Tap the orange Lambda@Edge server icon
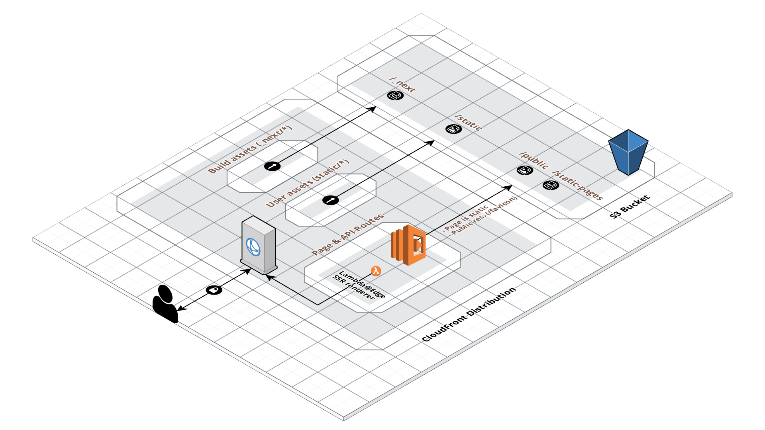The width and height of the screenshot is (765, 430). click(408, 245)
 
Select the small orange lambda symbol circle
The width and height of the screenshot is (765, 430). click(376, 271)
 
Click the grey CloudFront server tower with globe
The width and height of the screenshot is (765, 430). click(259, 245)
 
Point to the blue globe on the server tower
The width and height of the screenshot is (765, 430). click(253, 247)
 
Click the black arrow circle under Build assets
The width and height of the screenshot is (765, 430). click(273, 166)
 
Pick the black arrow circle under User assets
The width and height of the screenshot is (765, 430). click(330, 200)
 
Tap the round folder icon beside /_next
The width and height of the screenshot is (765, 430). click(395, 96)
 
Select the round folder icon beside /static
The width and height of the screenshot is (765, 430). click(453, 129)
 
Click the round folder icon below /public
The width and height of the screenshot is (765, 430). click(525, 170)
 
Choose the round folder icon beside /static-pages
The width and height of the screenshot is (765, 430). click(551, 185)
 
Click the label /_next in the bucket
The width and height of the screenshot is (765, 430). click(403, 85)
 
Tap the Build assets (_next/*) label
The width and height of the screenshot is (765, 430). click(250, 149)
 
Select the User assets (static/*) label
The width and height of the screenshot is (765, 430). click(308, 183)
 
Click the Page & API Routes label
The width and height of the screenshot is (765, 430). click(347, 234)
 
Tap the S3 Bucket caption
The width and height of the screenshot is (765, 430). click(630, 206)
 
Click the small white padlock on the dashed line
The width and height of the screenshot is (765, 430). click(214, 290)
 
